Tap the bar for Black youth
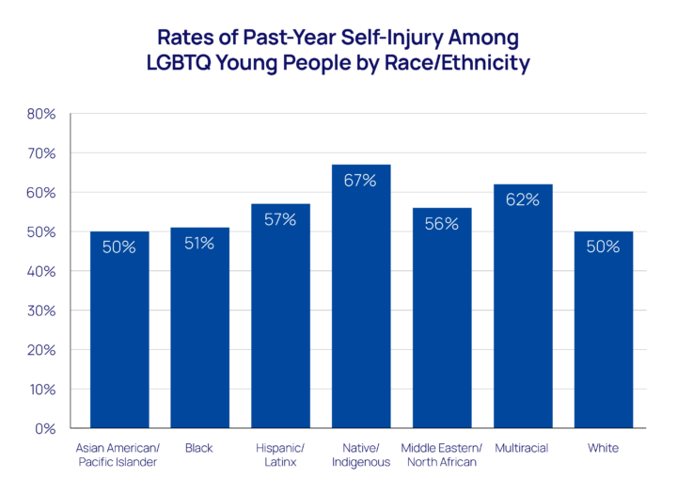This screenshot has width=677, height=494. coord(199,339)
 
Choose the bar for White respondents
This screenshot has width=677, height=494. coord(604,339)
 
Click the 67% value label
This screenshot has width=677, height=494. coord(361,181)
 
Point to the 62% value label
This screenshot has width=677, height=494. coord(523,199)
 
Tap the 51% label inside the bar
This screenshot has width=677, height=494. coord(199,243)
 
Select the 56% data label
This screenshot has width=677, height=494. coord(442,223)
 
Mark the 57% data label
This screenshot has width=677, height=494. coord(280,219)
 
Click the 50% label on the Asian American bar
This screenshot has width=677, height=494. coord(119,247)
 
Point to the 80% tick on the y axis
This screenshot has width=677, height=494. coord(40,114)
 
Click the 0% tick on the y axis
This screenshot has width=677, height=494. coord(44,428)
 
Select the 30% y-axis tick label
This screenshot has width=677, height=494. coord(40,311)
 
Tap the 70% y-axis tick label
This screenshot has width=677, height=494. coord(40,153)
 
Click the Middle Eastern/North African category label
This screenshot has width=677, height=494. coord(442,454)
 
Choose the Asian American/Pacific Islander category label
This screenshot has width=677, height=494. coord(119,454)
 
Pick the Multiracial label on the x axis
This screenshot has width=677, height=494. coord(522,448)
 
